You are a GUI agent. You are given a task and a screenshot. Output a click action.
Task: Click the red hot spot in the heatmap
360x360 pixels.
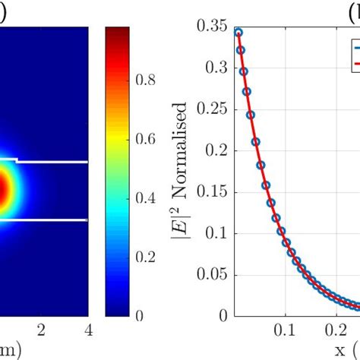pyautogui.click(x=4, y=190)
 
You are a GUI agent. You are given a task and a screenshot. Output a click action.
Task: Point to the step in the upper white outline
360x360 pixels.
pyautogui.click(x=16, y=160)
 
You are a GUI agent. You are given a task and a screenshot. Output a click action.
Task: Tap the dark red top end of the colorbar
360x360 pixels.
pyautogui.click(x=116, y=31)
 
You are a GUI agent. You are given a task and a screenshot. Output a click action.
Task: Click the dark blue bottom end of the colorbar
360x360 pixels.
pyautogui.click(x=116, y=311)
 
